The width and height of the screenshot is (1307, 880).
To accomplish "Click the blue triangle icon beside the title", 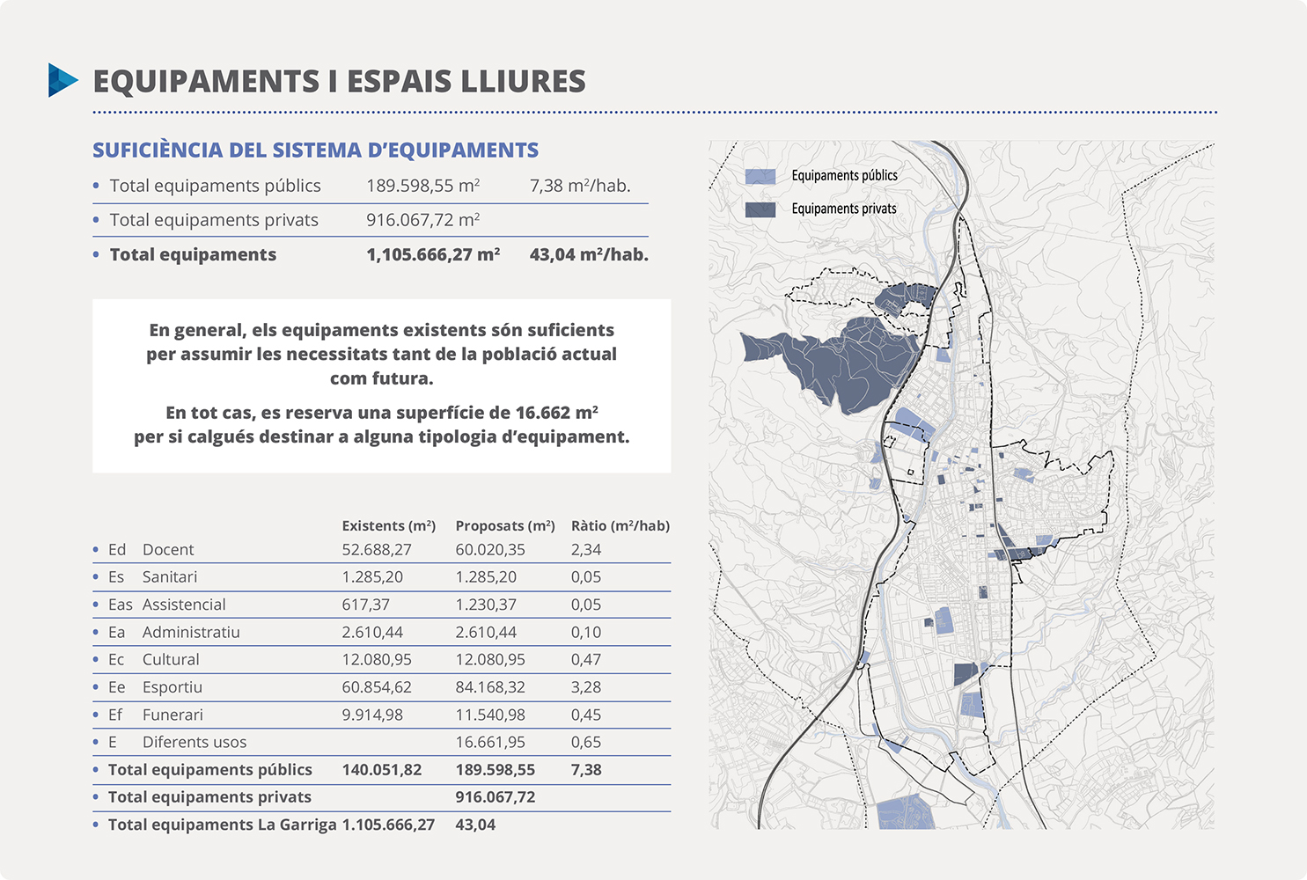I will coord(62,80).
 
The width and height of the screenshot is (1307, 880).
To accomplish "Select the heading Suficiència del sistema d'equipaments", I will coord(315,150).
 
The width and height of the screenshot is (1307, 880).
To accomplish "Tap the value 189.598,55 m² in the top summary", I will coord(422,186).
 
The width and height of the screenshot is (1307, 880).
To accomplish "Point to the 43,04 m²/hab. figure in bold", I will coord(588,254).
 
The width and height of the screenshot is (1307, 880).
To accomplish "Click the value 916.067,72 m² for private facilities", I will coord(422,220).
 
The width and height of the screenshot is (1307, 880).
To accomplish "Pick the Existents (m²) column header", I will coord(388,525).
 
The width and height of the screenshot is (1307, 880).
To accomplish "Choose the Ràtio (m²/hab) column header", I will coord(620,525).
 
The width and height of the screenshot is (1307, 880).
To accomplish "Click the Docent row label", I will coord(167,549).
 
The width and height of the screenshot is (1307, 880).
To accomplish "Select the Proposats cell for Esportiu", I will coord(489,687).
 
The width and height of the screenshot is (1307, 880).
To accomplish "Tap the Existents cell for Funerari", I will coord(372,715).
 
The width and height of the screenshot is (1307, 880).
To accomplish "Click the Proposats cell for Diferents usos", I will coord(489,742).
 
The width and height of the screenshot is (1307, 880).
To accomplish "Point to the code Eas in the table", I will coord(120,605).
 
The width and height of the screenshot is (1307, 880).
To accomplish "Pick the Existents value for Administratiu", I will coord(372,632).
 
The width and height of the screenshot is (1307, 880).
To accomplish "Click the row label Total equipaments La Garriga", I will coord(222,825).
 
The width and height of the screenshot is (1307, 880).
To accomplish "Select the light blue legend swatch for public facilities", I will coord(760,176).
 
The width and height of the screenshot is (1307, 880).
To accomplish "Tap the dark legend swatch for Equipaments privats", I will coord(760,209).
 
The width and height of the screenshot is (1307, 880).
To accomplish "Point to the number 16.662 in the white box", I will coord(543,413).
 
